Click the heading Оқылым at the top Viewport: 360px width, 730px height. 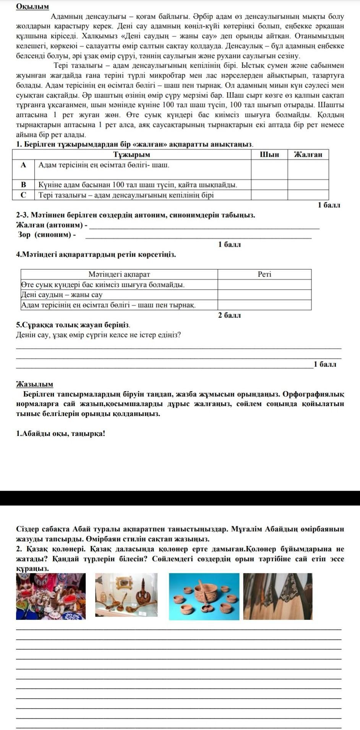click(32, 7)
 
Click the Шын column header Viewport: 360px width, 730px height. click(269, 154)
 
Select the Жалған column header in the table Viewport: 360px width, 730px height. click(308, 154)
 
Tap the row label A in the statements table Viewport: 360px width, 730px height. click(24, 165)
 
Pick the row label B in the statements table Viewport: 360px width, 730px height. click(24, 185)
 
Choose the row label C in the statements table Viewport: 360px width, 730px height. click(24, 195)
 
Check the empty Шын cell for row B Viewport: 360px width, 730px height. click(269, 185)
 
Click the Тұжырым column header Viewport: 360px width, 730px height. click(132, 154)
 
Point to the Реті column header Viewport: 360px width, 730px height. click(264, 274)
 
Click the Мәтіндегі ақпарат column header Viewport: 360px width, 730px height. click(119, 274)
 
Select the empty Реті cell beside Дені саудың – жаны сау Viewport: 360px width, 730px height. click(264, 295)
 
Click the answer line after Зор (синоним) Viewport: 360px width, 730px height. click(199, 236)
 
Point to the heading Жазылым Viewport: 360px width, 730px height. click(35, 384)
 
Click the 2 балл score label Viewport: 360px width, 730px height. click(229, 315)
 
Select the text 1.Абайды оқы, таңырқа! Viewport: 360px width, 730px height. click(60, 434)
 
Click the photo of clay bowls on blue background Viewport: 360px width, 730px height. click(204, 597)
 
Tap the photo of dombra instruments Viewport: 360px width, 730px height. click(278, 597)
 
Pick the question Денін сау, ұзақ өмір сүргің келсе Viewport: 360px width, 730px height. click(98, 335)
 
